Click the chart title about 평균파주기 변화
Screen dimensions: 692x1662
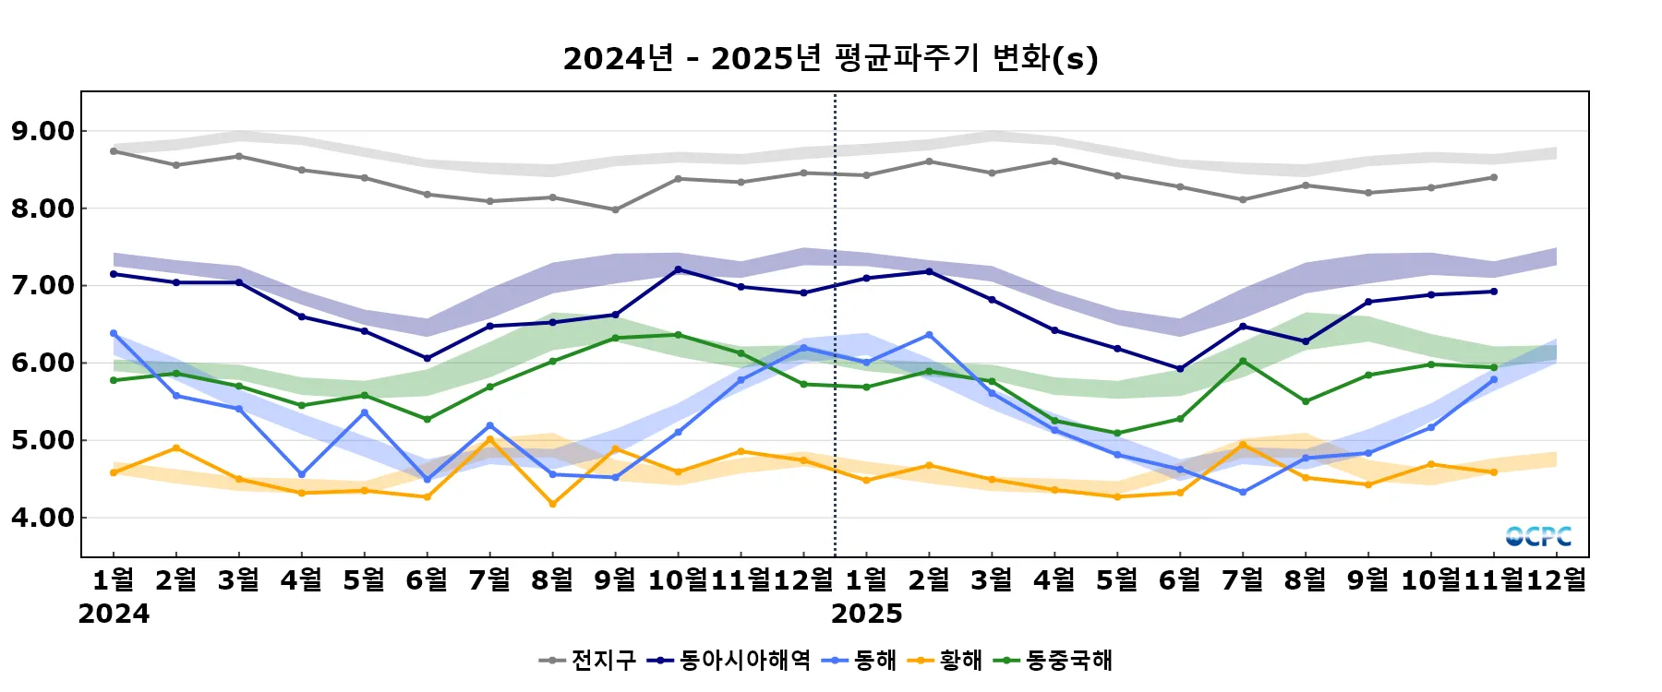830,58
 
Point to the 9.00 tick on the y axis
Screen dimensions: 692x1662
42,131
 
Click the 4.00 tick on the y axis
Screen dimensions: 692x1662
42,518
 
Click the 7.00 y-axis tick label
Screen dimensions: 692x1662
42,286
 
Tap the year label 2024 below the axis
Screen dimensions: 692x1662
114,614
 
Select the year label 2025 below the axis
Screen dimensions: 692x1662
866,614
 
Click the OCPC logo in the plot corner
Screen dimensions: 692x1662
1537,536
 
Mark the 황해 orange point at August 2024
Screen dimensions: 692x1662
552,504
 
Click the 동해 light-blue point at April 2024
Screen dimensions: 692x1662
301,474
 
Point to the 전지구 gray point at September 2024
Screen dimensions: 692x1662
615,209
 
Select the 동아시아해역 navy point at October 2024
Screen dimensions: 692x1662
678,269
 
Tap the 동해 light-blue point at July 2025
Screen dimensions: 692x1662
1243,493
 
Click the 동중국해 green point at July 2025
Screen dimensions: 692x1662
1243,361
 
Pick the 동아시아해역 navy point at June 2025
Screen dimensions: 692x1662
1180,369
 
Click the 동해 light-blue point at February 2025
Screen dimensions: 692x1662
929,335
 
